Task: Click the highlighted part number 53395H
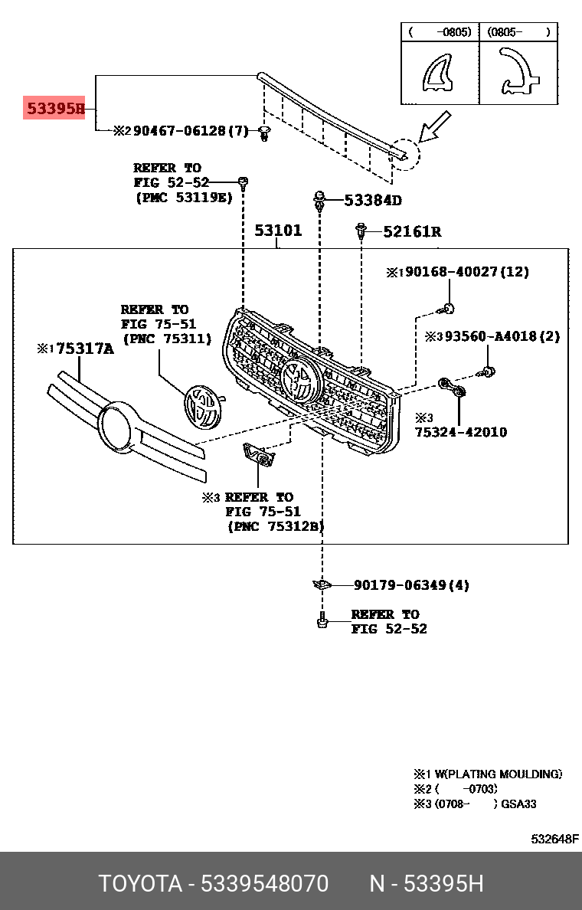point(56,110)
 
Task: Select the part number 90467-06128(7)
point(191,131)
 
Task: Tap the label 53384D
point(372,201)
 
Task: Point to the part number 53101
point(278,230)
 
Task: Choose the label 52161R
point(412,231)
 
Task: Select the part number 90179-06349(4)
point(411,585)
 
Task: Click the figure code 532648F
point(555,839)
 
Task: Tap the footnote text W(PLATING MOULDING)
point(495,774)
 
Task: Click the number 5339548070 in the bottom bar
point(264,884)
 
